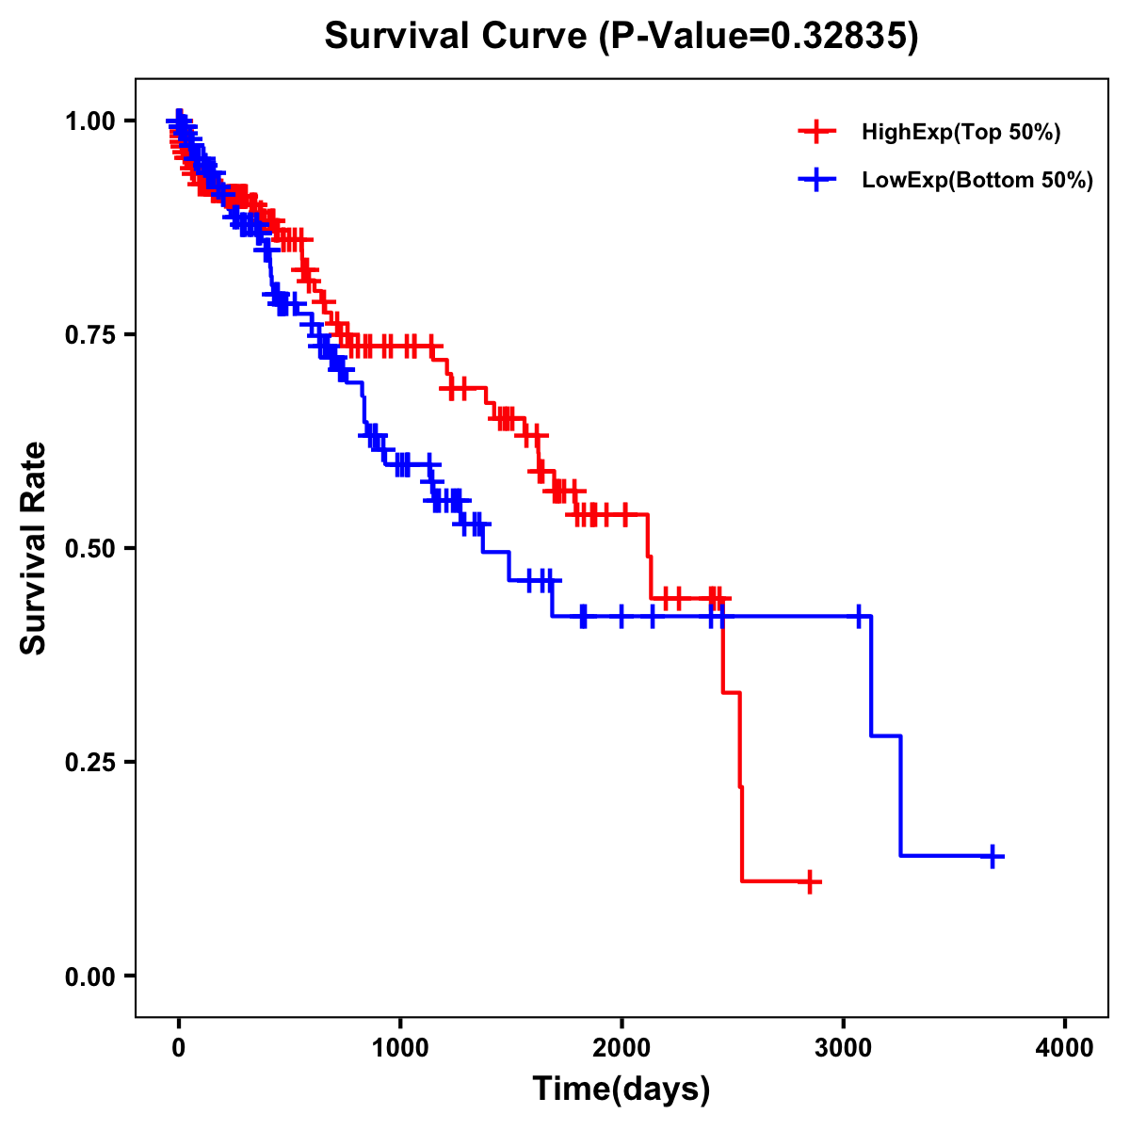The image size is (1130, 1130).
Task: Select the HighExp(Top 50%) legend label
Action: [x=961, y=133]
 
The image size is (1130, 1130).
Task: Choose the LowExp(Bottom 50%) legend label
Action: [x=977, y=180]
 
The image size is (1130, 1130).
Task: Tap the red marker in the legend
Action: [x=816, y=132]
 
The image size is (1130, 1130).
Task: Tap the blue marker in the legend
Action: [x=816, y=180]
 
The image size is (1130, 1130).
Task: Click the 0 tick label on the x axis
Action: [x=179, y=1047]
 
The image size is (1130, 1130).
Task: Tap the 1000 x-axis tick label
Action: [x=400, y=1047]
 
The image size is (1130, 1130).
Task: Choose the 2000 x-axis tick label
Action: [x=621, y=1047]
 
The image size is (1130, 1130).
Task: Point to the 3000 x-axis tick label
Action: [x=844, y=1047]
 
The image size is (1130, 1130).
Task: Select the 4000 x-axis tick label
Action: [x=1065, y=1047]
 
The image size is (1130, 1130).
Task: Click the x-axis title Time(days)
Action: [x=621, y=1090]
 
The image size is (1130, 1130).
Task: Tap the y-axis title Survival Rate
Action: [x=34, y=547]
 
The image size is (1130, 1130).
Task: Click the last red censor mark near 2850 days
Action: [x=809, y=882]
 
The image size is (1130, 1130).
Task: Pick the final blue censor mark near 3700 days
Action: [x=993, y=856]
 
